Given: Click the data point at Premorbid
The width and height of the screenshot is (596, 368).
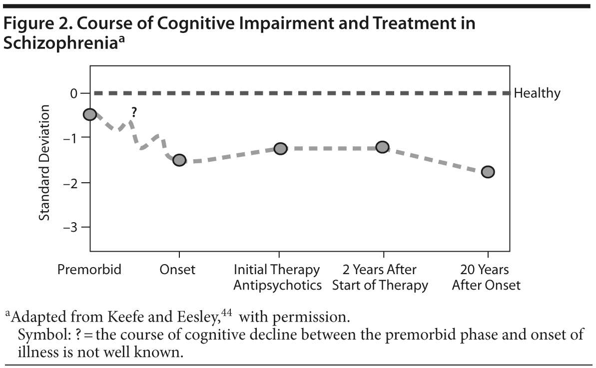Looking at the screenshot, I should coord(90,114).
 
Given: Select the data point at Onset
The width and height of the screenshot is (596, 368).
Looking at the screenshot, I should coord(179,160).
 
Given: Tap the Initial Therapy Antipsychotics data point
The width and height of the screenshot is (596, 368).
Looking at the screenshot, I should coord(280,149).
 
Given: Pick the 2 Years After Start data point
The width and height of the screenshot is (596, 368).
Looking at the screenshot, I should coord(382,147).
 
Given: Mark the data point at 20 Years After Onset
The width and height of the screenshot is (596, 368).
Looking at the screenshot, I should coord(488,172).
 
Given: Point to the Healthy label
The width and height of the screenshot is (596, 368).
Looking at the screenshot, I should coord(537,93).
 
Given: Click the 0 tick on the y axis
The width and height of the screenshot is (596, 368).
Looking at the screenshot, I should coord(73,93).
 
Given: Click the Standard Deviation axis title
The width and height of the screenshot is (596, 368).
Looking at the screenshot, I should coord(45,162).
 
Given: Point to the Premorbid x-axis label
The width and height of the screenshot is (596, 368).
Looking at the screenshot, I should coord(89,270).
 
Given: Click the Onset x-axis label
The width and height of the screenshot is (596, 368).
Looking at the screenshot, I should coord(177,270).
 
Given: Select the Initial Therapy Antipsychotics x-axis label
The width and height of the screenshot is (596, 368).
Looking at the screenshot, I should coord(277,278).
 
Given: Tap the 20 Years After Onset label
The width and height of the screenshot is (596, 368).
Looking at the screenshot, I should coord(486,278).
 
